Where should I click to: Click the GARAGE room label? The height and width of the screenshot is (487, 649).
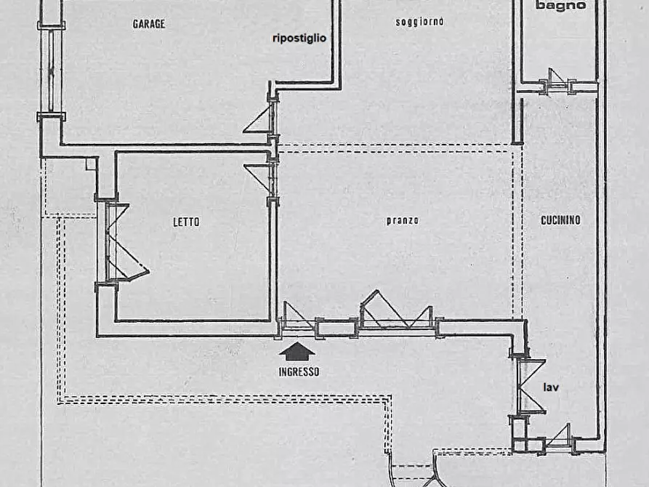pos(149,24)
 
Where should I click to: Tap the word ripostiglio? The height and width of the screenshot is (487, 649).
pos(299,38)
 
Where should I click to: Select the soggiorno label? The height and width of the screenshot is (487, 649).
pos(419,22)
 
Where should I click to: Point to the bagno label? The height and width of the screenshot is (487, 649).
pos(561,5)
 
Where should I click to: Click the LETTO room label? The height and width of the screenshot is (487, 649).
pos(186,222)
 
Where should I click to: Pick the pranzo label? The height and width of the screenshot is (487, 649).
pos(403,221)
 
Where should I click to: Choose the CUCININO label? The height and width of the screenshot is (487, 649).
pos(560,220)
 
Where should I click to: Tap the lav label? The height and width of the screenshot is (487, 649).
pos(551,387)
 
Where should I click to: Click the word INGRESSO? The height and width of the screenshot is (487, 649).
pos(299,372)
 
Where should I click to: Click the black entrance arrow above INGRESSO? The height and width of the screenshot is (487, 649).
pos(297,352)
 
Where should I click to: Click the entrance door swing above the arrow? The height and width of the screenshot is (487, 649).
pos(297,315)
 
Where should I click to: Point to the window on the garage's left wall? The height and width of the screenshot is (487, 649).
pos(52,71)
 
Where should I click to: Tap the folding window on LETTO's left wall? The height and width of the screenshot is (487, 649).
pos(123,242)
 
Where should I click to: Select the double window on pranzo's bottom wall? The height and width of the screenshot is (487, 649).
pos(397,310)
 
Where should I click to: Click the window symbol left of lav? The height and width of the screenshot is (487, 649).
pos(531,387)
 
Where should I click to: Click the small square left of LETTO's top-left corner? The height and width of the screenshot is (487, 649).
pos(91,164)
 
